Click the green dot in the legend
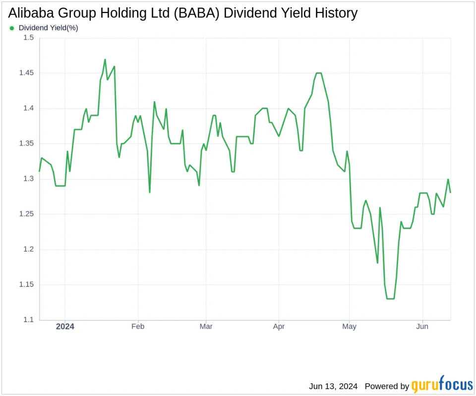pyautogui.click(x=12, y=28)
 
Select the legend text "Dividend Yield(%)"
pyautogui.click(x=48, y=28)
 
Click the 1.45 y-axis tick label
pyautogui.click(x=26, y=73)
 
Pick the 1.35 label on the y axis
pyautogui.click(x=26, y=144)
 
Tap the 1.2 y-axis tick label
pyautogui.click(x=28, y=249)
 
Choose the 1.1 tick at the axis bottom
pyautogui.click(x=28, y=320)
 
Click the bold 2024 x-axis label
pyautogui.click(x=65, y=326)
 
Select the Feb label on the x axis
pyautogui.click(x=137, y=326)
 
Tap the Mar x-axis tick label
pyautogui.click(x=206, y=326)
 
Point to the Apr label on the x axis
pyautogui.click(x=279, y=326)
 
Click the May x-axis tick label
pyautogui.click(x=350, y=326)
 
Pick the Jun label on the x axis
pyautogui.click(x=422, y=326)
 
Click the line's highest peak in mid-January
pyautogui.click(x=105, y=59)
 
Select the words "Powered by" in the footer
pyautogui.click(x=386, y=386)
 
